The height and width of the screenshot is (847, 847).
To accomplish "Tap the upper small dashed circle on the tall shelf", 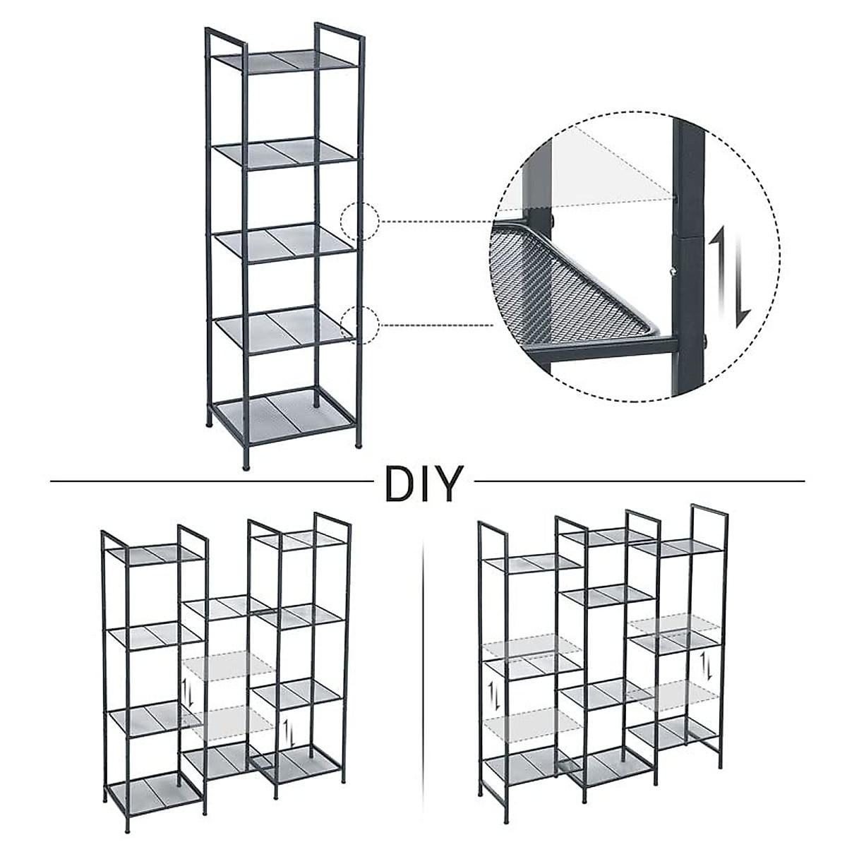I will (360, 222).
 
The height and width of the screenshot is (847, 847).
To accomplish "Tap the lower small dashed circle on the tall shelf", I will (360, 325).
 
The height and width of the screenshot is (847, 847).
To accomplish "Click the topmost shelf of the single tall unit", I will (286, 59).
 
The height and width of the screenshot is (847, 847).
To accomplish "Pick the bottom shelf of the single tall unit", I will (284, 412).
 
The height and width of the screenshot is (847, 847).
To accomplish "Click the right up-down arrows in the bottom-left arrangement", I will (287, 734).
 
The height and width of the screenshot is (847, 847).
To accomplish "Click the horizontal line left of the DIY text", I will (212, 482).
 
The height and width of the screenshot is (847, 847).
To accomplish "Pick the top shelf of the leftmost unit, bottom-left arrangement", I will (154, 553).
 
